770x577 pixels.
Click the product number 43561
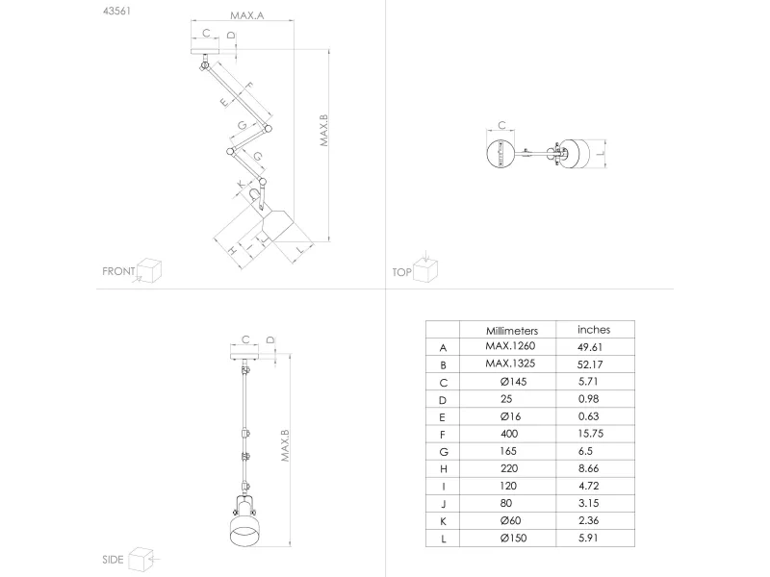pos(116,11)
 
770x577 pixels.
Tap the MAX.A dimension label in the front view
pos(247,15)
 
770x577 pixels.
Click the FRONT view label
pos(118,271)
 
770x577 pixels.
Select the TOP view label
pos(401,272)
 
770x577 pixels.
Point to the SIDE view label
pos(113,560)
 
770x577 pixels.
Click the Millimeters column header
pos(512,331)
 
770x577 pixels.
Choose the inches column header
pos(594,330)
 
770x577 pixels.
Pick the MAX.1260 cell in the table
pos(510,346)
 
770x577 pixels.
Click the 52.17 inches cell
pos(590,364)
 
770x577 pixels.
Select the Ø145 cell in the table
pos(513,382)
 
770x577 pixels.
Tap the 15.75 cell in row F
pos(590,434)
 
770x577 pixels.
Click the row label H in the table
pos(444,469)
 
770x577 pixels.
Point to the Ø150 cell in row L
pos(513,539)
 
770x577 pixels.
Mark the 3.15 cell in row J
pos(588,503)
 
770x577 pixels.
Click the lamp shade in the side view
pos(245,529)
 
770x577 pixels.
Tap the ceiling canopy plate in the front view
pos(205,52)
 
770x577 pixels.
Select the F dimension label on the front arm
pos(248,86)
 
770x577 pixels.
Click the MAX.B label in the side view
pos(285,445)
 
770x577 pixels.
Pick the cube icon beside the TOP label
pos(425,270)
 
